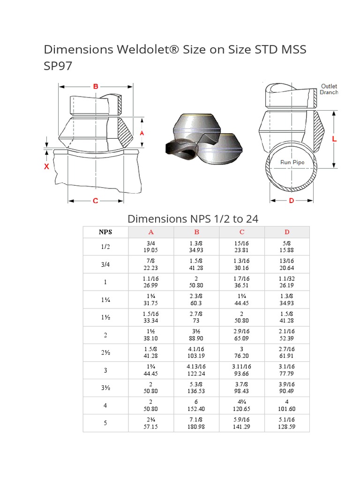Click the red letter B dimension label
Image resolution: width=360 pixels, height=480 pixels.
tap(95, 86)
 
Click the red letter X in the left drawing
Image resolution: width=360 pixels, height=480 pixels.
tap(47, 166)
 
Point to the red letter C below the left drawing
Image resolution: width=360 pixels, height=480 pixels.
tap(95, 201)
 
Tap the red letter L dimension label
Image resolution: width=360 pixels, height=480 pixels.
tap(334, 139)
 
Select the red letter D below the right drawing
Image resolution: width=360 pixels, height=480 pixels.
tap(291, 201)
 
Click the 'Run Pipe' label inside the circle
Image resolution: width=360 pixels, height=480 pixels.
tap(292, 162)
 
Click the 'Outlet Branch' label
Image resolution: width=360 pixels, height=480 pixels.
tap(329, 89)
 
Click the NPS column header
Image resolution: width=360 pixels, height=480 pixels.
tap(105, 232)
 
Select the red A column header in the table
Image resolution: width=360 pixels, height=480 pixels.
tap(151, 232)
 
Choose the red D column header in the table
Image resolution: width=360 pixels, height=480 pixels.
tap(287, 232)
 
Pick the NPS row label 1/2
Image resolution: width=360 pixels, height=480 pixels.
tap(105, 247)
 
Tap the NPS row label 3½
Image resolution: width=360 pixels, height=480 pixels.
tap(105, 388)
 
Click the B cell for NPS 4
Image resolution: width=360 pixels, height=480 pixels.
tap(196, 405)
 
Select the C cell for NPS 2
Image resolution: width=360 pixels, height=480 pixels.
tap(242, 335)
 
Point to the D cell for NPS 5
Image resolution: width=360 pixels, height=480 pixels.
tap(287, 423)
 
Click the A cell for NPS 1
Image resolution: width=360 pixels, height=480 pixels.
tap(151, 282)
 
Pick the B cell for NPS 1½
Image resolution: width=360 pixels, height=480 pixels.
tap(196, 317)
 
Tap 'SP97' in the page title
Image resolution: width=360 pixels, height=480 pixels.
tap(58, 66)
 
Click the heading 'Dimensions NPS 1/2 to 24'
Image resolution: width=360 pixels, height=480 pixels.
tap(193, 218)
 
